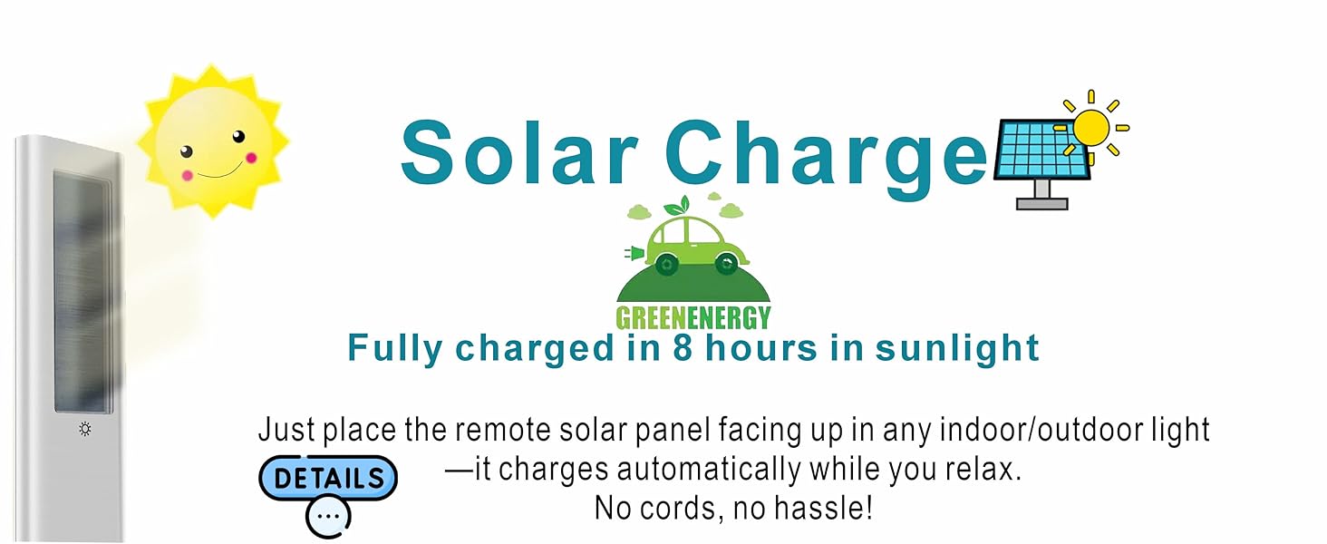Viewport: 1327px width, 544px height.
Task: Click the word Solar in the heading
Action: tap(520, 153)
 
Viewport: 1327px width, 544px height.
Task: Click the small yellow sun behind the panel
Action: tap(1091, 127)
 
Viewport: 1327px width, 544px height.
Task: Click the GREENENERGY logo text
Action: tap(693, 318)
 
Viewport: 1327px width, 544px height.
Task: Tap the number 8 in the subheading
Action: tap(683, 348)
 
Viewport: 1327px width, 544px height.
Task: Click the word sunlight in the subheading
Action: tap(957, 348)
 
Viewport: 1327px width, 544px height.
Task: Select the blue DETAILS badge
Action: tap(328, 478)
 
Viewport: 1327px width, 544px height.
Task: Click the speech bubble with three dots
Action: tap(328, 517)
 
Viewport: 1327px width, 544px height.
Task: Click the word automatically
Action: tap(709, 470)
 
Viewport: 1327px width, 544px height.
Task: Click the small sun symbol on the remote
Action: tap(85, 429)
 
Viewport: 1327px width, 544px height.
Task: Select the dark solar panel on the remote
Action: tap(82, 292)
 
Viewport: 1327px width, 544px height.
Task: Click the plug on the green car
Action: tap(634, 254)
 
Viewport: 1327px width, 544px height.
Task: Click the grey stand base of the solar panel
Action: tap(1042, 204)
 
